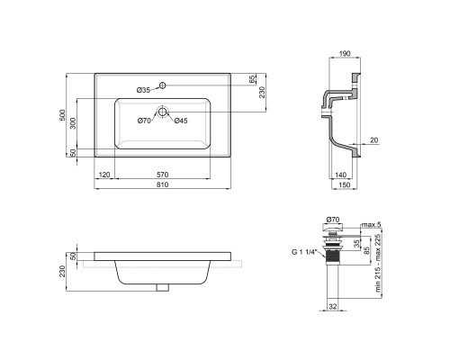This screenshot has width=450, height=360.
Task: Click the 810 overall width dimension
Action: (x=162, y=184)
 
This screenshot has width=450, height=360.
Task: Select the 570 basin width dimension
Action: (x=162, y=175)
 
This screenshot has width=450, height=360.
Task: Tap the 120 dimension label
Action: (x=104, y=175)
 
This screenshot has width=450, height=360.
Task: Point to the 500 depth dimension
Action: (x=62, y=115)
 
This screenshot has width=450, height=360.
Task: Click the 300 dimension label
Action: (x=73, y=123)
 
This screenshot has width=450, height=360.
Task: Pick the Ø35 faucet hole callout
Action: (x=143, y=90)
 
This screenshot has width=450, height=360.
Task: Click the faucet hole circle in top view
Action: (x=162, y=85)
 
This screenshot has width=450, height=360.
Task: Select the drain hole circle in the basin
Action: (x=162, y=112)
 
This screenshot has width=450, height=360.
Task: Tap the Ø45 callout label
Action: (x=181, y=121)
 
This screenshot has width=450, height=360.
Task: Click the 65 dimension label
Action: (x=253, y=79)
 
